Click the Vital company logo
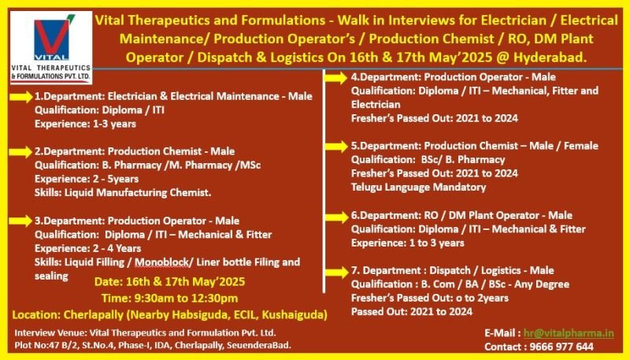click(51, 47)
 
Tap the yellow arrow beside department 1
click(21, 97)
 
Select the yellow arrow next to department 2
click(21, 152)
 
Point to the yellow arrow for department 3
click(21, 221)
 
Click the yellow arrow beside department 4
click(336, 78)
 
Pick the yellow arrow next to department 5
click(336, 147)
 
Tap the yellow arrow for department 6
click(336, 217)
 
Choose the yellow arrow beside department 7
click(336, 272)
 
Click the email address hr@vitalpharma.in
click(569, 333)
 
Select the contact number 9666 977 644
click(561, 347)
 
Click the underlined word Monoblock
click(161, 262)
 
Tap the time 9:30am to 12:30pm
click(169, 298)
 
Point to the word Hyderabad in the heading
click(550, 58)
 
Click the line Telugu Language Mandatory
click(418, 187)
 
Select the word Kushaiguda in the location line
click(295, 314)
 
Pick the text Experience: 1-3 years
click(85, 124)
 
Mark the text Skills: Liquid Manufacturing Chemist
click(123, 193)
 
